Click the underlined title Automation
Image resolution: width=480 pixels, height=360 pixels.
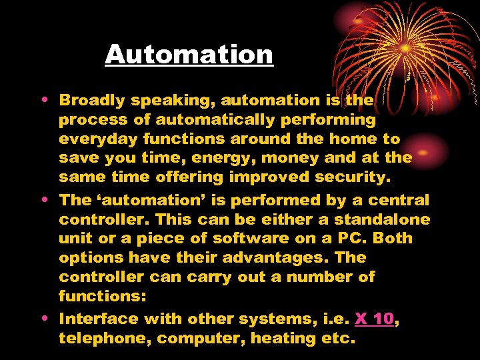click(x=189, y=54)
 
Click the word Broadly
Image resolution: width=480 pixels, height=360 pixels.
click(x=91, y=101)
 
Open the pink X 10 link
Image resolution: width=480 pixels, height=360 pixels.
click(x=374, y=319)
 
